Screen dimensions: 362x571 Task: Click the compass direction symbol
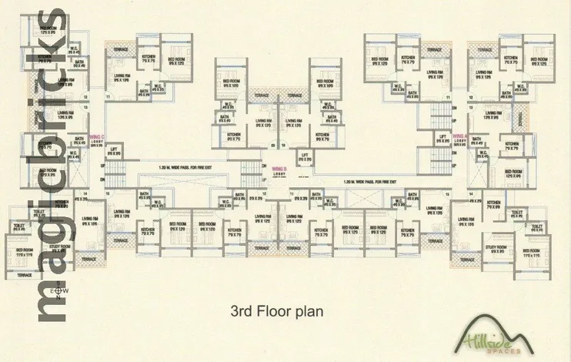coord(56,291)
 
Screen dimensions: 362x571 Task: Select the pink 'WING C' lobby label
coord(98,138)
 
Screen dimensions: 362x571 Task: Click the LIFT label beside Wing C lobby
coord(114,152)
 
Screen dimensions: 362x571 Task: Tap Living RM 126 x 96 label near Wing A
coord(493,115)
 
